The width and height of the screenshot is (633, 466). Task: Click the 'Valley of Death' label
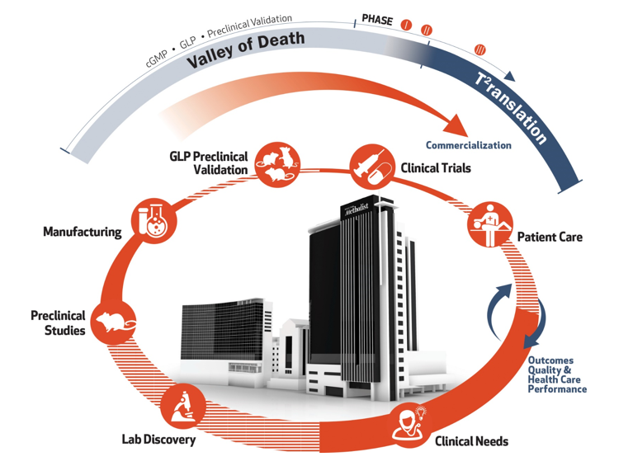tap(245, 50)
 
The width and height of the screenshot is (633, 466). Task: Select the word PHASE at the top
tap(377, 19)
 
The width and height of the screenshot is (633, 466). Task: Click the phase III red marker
tap(479, 50)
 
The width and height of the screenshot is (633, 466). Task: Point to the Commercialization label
tap(469, 146)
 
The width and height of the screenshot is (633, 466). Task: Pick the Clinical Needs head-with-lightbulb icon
tap(410, 424)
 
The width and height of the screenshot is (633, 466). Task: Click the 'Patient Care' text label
tap(550, 238)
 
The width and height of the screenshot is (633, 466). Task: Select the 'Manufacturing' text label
tap(83, 233)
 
